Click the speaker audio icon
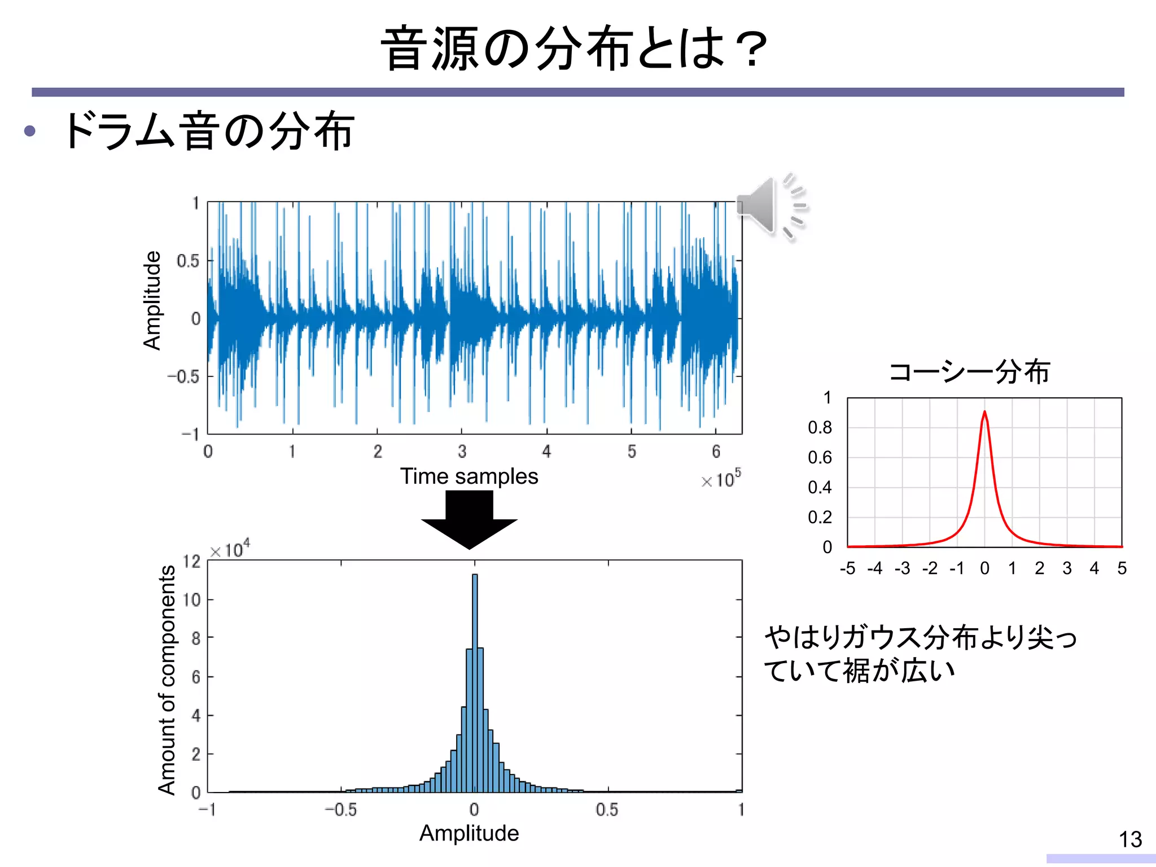pyautogui.click(x=770, y=206)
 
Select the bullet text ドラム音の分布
pyautogui.click(x=209, y=131)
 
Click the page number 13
pyautogui.click(x=1130, y=839)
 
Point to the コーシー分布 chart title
pyautogui.click(x=969, y=372)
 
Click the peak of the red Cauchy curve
pyautogui.click(x=984, y=413)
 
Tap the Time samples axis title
pyautogui.click(x=469, y=476)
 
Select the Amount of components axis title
pyautogui.click(x=167, y=680)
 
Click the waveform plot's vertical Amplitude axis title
pyautogui.click(x=152, y=300)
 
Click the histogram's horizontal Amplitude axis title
pyautogui.click(x=469, y=833)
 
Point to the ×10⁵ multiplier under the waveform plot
pyautogui.click(x=721, y=479)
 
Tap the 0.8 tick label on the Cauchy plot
pyautogui.click(x=820, y=428)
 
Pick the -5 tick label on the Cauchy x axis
pyautogui.click(x=847, y=568)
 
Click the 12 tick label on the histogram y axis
pyautogui.click(x=192, y=561)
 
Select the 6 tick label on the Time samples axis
pyautogui.click(x=716, y=452)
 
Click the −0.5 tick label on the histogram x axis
pyautogui.click(x=341, y=810)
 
